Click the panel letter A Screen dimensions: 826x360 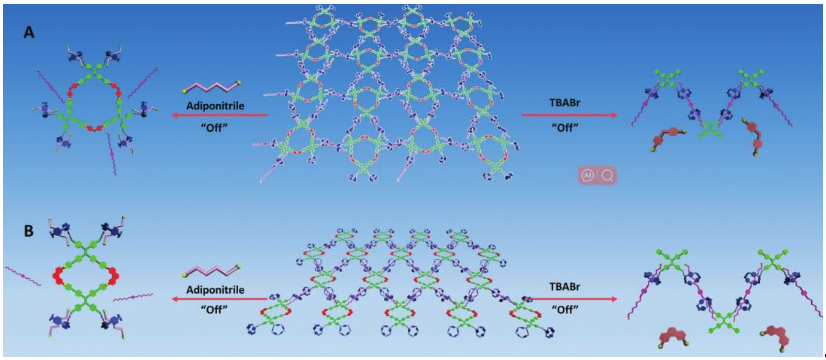[29, 33]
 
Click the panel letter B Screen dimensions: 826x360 [29, 231]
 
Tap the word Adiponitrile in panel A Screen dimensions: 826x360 [215, 106]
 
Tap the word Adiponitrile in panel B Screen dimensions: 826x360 [215, 290]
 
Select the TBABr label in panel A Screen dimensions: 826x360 [565, 103]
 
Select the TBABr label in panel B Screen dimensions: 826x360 [565, 287]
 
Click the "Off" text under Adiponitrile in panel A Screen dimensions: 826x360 [214, 128]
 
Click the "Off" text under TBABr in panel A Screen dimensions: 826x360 [565, 128]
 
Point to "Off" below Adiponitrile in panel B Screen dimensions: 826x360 [214, 310]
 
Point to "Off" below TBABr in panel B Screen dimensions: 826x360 [565, 310]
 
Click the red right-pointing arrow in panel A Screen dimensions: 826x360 [569, 115]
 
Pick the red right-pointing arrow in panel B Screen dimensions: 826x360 [574, 299]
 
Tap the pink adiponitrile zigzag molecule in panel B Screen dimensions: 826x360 [212, 271]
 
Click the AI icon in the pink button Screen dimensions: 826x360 [588, 175]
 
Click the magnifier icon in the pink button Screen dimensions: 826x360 [607, 175]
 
